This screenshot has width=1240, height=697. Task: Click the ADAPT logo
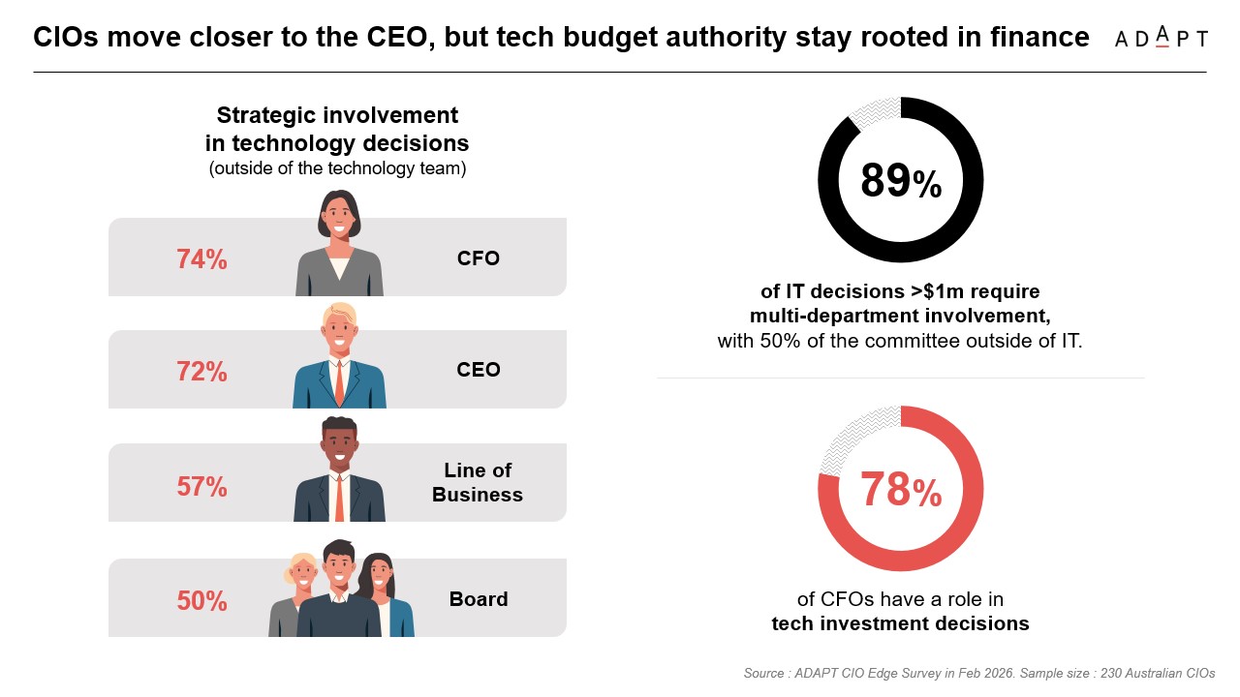1161,38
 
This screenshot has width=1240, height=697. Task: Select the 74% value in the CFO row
201,259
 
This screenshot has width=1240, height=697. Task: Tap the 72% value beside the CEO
201,372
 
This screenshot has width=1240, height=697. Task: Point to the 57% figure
201,486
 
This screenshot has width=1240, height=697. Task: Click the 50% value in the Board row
201,600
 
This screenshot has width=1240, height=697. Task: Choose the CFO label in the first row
479,258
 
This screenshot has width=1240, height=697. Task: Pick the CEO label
479,370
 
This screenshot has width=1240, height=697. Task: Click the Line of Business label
477,482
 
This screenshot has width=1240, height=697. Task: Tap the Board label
479,599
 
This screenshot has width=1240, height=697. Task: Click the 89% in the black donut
900,181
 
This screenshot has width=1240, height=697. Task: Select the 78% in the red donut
900,490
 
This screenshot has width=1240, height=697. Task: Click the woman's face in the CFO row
338,221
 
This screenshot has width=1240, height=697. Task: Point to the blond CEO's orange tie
339,383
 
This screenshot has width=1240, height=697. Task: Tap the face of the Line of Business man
339,446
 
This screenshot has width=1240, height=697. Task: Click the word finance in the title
1043,38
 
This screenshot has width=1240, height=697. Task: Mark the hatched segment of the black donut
871,110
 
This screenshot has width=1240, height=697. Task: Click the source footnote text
978,673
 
